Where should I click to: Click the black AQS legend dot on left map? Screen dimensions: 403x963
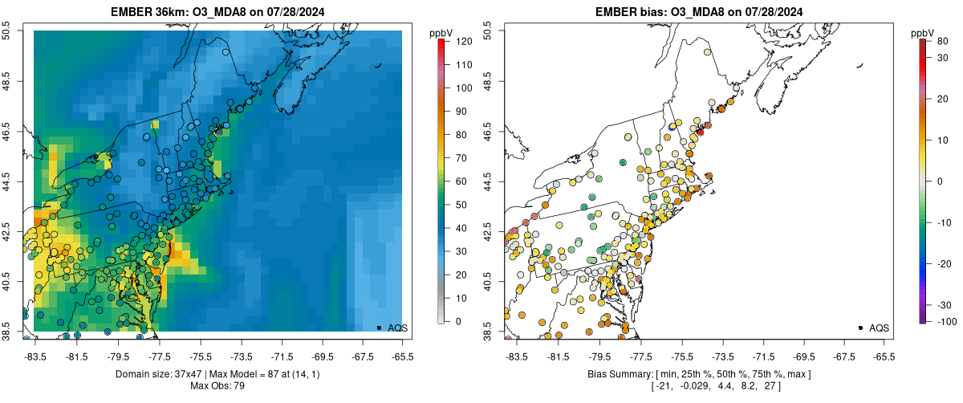(x=379, y=328)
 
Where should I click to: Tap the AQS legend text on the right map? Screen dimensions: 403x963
(x=879, y=328)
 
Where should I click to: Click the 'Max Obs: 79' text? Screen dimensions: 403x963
(x=217, y=386)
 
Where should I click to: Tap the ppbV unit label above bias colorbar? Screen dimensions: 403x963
(x=924, y=33)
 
